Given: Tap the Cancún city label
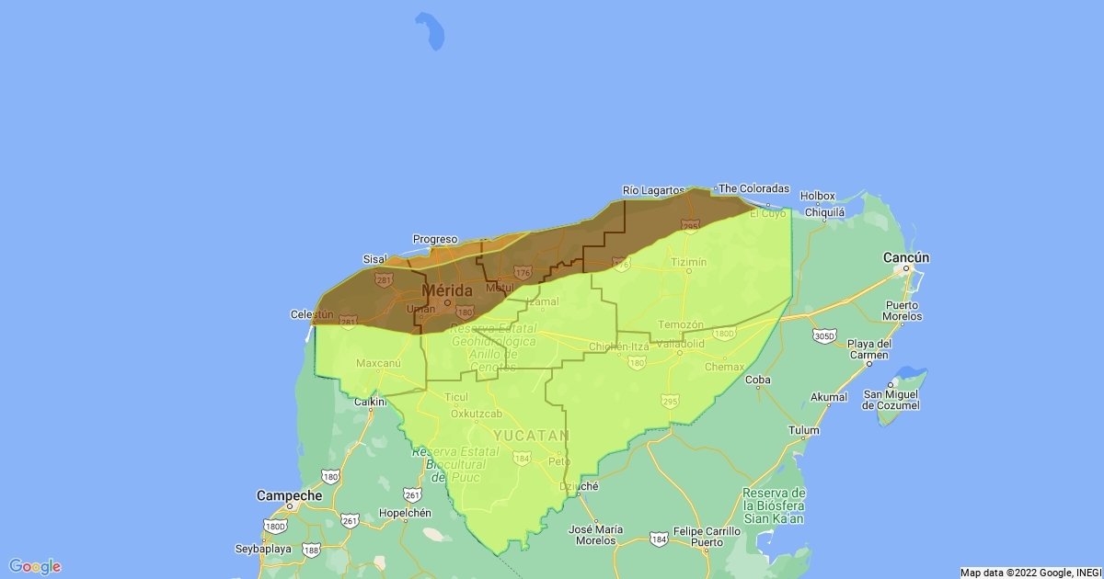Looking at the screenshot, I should click(906, 257).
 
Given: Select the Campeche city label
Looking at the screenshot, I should click(290, 495).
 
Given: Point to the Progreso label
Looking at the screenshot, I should click(435, 239).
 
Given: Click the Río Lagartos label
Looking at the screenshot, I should click(654, 190).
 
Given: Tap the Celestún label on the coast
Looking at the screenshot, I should click(309, 315).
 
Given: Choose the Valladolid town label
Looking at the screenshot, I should click(680, 344).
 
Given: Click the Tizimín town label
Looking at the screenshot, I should click(689, 262).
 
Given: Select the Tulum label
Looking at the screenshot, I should click(803, 430).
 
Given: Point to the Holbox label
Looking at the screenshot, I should click(818, 196).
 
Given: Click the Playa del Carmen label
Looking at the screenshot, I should click(869, 349).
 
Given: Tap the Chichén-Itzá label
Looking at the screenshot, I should click(619, 346).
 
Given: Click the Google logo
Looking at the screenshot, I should click(35, 566).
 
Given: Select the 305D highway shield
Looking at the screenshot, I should click(824, 336).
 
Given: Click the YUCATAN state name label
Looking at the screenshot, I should click(532, 435).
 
